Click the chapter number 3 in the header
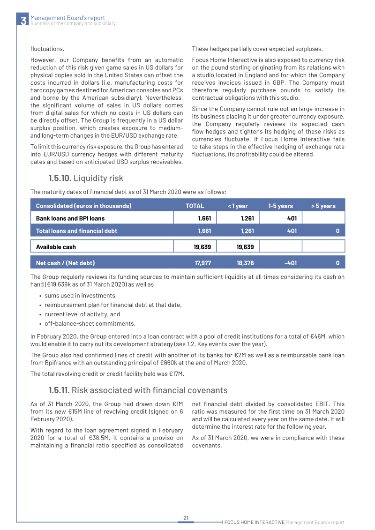click(x=23, y=21)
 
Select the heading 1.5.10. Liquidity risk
click(x=86, y=178)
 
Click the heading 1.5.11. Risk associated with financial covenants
click(x=138, y=390)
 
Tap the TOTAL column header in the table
click(x=195, y=206)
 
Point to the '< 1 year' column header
click(x=238, y=206)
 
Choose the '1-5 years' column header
click(x=280, y=206)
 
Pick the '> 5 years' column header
click(x=323, y=206)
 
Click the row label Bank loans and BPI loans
click(x=70, y=218)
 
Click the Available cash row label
click(x=56, y=246)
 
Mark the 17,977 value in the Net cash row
click(x=195, y=263)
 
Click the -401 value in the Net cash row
click(x=290, y=263)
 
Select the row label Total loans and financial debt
click(x=76, y=231)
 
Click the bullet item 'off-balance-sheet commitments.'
click(x=90, y=324)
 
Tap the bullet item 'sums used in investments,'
click(x=80, y=296)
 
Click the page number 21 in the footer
click(x=186, y=518)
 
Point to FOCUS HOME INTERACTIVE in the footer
click(x=254, y=522)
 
